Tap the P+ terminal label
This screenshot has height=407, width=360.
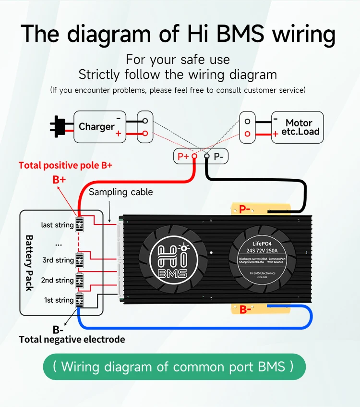[183, 156]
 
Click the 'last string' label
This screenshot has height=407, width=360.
[57, 225]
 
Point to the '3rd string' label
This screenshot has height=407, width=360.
[58, 260]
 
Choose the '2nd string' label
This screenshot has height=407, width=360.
[58, 280]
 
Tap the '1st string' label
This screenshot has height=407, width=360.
[59, 300]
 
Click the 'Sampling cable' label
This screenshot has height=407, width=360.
[121, 192]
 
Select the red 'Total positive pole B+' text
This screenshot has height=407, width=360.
[65, 165]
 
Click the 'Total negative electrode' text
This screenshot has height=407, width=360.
[72, 340]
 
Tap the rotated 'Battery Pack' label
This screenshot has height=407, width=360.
[29, 262]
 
